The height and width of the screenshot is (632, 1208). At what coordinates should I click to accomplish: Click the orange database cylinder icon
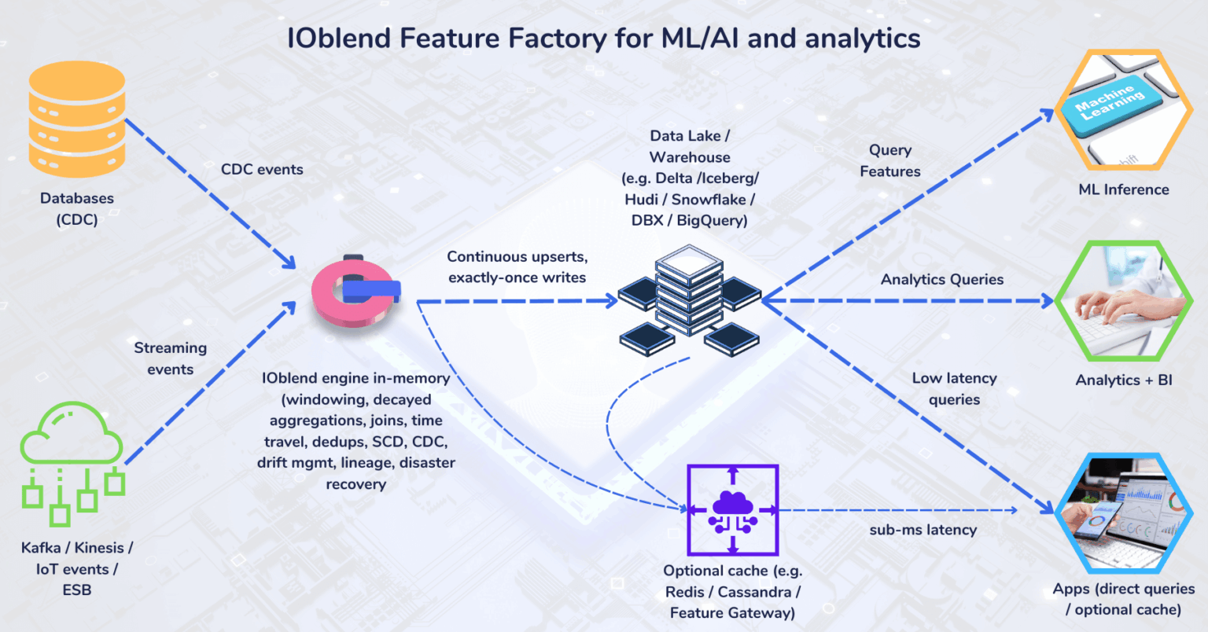point(76,119)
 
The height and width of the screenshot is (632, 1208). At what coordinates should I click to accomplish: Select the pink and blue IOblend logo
point(355,292)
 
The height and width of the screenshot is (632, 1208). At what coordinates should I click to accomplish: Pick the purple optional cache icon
point(732,510)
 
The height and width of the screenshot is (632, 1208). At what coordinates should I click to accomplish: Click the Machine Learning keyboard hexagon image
point(1123,110)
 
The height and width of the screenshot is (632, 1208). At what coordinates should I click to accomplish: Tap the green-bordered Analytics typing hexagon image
point(1123,301)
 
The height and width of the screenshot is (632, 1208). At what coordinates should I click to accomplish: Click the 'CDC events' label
point(262,169)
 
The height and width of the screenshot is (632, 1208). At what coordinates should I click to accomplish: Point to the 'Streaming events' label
point(170,358)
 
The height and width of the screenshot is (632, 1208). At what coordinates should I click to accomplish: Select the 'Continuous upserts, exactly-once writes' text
point(517,267)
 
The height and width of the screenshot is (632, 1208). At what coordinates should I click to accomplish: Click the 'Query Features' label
point(889,160)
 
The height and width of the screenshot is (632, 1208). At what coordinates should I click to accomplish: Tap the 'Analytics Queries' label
point(941,279)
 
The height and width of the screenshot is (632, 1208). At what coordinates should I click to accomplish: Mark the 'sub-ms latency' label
point(923,530)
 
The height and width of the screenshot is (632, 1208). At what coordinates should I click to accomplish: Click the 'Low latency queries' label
point(954,388)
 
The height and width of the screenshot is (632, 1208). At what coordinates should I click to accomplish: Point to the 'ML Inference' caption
point(1123,189)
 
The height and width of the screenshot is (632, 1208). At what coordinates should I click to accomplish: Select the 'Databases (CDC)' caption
point(77,209)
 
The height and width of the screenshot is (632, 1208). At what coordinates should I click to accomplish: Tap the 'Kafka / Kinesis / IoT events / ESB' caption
point(77,568)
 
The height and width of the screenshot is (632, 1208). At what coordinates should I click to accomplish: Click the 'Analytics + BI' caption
point(1123,380)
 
